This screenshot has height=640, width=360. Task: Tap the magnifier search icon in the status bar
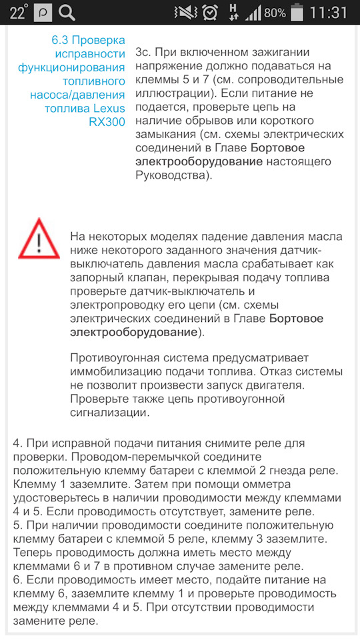tap(67, 12)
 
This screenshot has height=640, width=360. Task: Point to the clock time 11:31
tap(329, 12)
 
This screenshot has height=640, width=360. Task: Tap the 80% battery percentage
tap(275, 13)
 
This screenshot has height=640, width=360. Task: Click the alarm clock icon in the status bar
tap(209, 12)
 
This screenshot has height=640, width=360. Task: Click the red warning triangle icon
tap(39, 238)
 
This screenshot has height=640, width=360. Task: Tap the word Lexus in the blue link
tap(109, 109)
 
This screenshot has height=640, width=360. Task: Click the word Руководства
tap(172, 176)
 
